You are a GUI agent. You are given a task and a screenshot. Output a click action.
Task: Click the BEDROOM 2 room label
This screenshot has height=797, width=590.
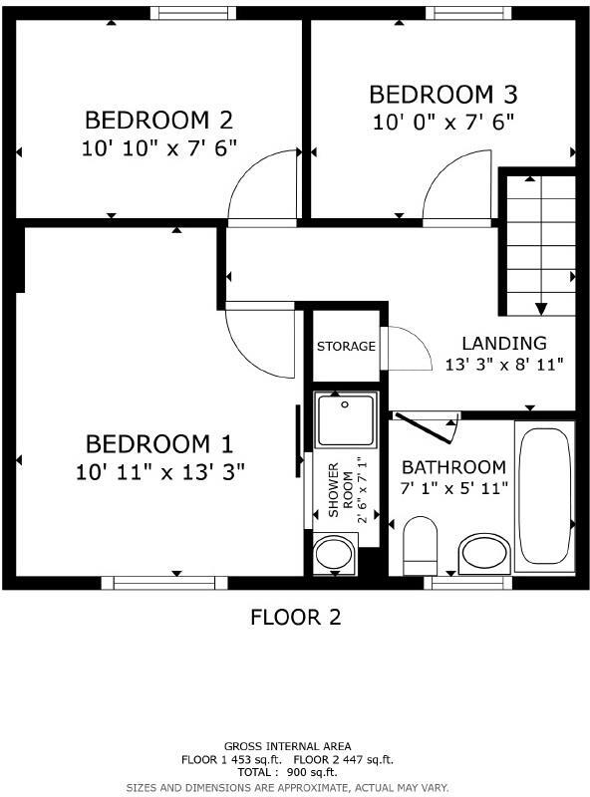coord(158,121)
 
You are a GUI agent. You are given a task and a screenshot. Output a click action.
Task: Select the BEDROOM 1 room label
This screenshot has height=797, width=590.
coord(159,443)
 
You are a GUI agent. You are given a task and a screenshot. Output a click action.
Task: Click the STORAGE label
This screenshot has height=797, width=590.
coord(346,347)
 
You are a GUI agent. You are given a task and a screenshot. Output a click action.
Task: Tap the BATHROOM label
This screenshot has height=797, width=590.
coord(453,467)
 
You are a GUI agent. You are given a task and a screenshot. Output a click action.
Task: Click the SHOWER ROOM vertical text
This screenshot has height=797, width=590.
coord(341,488)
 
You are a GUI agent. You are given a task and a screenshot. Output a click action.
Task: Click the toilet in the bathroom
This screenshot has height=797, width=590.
coord(420,545)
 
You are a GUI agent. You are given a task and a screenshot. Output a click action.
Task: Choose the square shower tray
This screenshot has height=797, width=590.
coord(346,419)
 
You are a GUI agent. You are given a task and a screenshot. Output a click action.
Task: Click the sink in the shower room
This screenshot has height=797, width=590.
coord(334,554)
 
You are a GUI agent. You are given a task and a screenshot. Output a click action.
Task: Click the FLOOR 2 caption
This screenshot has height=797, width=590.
coord(295,618)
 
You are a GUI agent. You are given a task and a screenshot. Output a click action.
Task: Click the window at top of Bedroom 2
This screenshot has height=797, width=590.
coord(193,13)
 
